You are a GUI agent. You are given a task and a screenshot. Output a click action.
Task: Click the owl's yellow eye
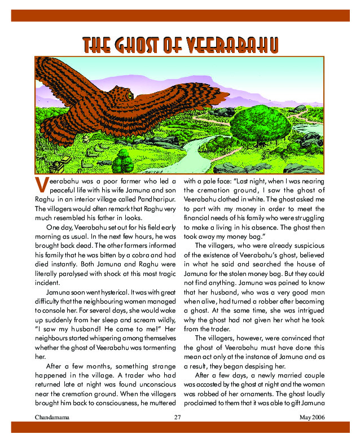pos(130,97)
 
